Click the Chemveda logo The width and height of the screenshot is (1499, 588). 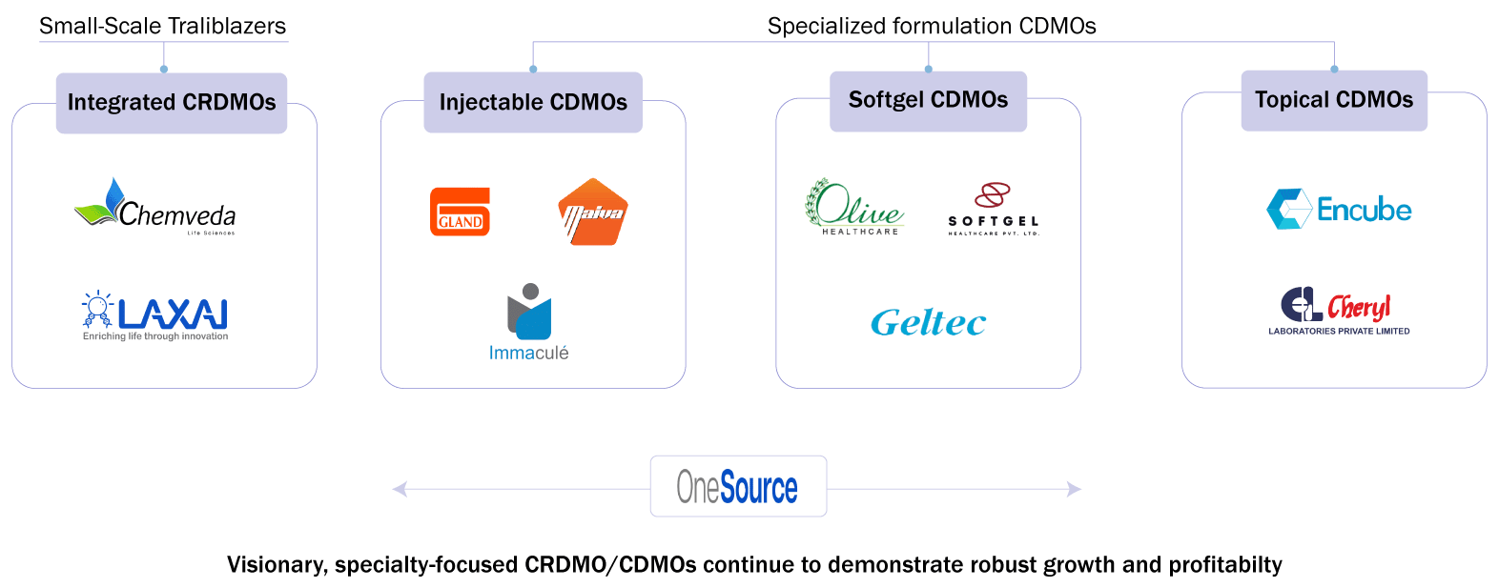pyautogui.click(x=155, y=207)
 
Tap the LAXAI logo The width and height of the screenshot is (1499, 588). pyautogui.click(x=155, y=314)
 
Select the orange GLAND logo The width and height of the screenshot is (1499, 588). pyautogui.click(x=460, y=212)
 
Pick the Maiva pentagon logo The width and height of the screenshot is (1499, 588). pyautogui.click(x=592, y=213)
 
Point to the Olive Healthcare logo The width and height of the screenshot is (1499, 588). pyautogui.click(x=854, y=207)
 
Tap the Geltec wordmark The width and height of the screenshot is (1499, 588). pyautogui.click(x=928, y=323)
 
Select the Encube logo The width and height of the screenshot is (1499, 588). pyautogui.click(x=1339, y=209)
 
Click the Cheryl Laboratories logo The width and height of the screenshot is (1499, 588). pyautogui.click(x=1338, y=311)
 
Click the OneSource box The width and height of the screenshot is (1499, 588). pyautogui.click(x=738, y=487)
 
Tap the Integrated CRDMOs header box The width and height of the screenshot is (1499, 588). pyautogui.click(x=172, y=103)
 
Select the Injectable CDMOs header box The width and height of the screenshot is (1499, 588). pyautogui.click(x=533, y=102)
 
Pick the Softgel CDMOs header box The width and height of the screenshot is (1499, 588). pyautogui.click(x=928, y=100)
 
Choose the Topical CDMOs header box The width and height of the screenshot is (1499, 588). pyautogui.click(x=1334, y=100)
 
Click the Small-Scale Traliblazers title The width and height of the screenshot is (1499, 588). pyautogui.click(x=162, y=26)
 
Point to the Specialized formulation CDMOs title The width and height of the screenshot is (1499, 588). pyautogui.click(x=932, y=26)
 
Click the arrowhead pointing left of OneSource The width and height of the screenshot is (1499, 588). pyautogui.click(x=400, y=489)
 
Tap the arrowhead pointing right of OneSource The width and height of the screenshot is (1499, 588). pyautogui.click(x=1075, y=489)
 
